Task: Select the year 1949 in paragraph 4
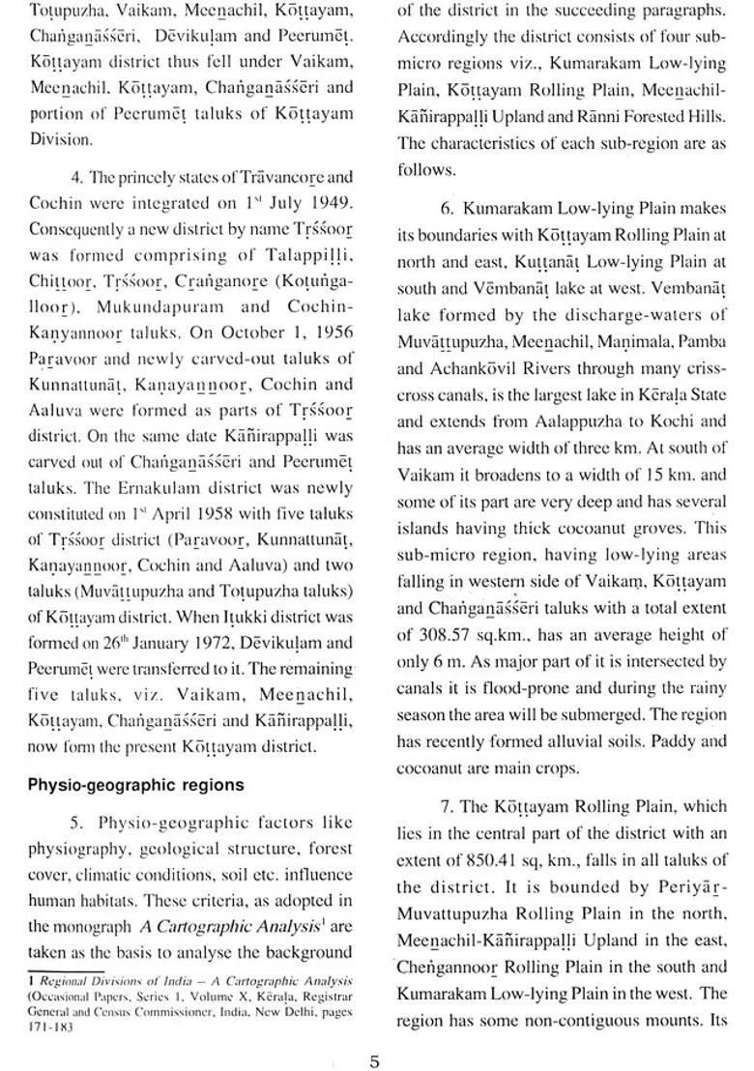[332, 205]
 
